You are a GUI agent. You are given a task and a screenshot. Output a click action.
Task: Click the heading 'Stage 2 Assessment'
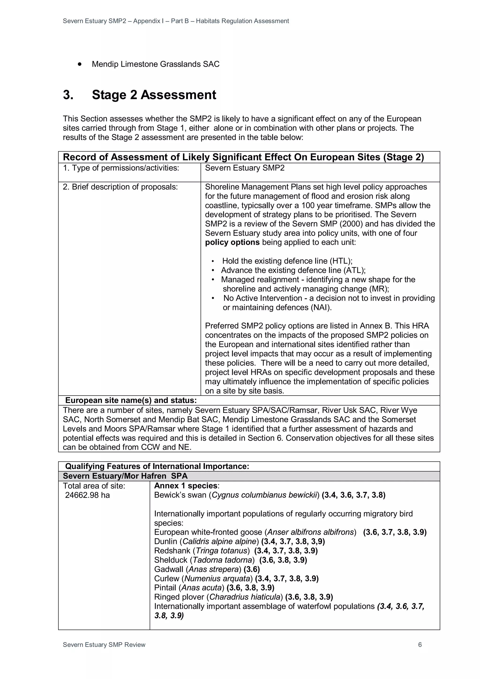(x=154, y=95)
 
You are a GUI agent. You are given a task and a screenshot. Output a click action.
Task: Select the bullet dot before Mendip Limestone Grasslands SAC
(x=79, y=64)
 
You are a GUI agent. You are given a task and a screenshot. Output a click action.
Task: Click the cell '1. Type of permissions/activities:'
(x=121, y=168)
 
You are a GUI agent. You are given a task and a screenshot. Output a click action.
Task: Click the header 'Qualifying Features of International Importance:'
(x=157, y=466)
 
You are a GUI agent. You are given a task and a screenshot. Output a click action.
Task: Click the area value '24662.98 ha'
(x=87, y=495)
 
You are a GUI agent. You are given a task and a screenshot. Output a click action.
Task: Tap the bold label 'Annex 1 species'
(x=186, y=486)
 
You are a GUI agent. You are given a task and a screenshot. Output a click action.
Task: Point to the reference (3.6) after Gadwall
(x=251, y=569)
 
